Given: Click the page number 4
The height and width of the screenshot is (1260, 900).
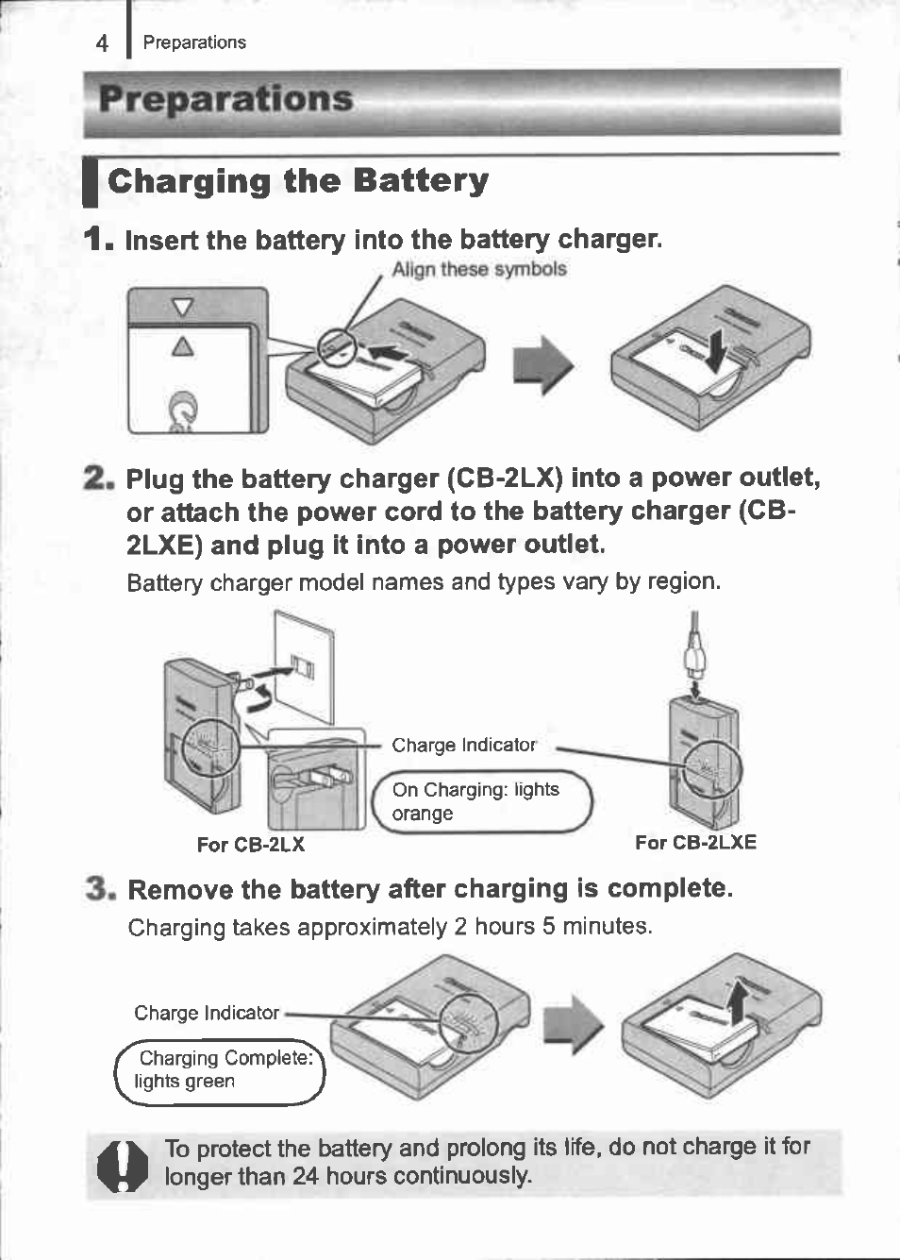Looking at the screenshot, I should (x=102, y=43).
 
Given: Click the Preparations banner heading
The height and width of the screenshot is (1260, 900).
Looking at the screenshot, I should (x=225, y=99).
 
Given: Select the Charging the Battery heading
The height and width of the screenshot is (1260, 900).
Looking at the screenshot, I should (x=298, y=180).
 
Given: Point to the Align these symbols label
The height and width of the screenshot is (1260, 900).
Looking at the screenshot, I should (x=479, y=269).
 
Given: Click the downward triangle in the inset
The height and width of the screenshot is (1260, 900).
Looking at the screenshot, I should (x=183, y=306).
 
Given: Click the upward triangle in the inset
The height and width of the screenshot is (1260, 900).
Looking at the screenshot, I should (x=183, y=346).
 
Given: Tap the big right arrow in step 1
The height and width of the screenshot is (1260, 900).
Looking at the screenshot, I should (x=543, y=366).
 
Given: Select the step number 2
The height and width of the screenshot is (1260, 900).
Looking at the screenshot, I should (x=98, y=479).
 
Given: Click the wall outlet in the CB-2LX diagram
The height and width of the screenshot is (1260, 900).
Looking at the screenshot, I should (x=302, y=665).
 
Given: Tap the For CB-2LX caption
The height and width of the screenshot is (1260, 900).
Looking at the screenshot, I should (x=250, y=845).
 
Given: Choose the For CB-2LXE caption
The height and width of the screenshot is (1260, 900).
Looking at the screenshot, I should (x=695, y=842).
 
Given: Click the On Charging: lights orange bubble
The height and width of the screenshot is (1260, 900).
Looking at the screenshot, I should (x=479, y=801).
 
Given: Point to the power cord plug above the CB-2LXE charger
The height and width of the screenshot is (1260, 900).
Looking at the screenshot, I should (x=695, y=652).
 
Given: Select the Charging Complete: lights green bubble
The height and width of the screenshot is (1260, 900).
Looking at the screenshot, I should (x=220, y=1070).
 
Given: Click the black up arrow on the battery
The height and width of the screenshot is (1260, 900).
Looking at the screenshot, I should (x=738, y=1000).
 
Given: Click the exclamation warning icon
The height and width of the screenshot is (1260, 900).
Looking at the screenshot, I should (x=123, y=1166).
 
